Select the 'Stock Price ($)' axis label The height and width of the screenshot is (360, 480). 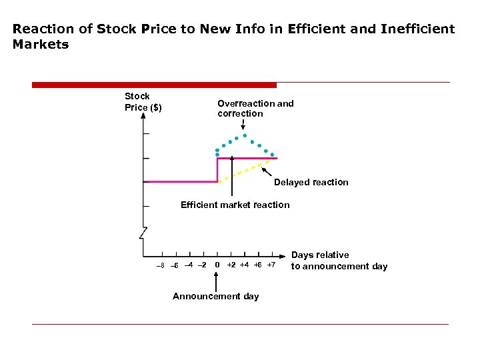point(143,102)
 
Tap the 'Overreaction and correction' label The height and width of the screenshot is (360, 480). point(255,109)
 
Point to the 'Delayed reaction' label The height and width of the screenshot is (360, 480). point(311,182)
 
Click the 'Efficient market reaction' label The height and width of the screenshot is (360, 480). point(235,205)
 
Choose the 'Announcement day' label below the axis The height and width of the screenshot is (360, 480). point(215,296)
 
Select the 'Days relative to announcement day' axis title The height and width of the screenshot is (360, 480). point(339,261)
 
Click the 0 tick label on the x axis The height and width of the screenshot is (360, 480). point(217,265)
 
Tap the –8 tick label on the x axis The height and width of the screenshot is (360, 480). point(159,265)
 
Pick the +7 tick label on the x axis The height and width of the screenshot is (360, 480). point(271,265)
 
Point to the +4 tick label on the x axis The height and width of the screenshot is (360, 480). point(244,265)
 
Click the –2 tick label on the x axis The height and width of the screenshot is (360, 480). point(202,265)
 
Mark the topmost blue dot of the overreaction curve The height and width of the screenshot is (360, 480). point(244,136)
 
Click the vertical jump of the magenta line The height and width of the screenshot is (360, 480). point(217,170)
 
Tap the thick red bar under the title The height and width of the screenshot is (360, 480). point(154,85)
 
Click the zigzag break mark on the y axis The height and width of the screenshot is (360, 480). point(143,233)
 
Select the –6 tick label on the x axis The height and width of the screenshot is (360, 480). point(174,265)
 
